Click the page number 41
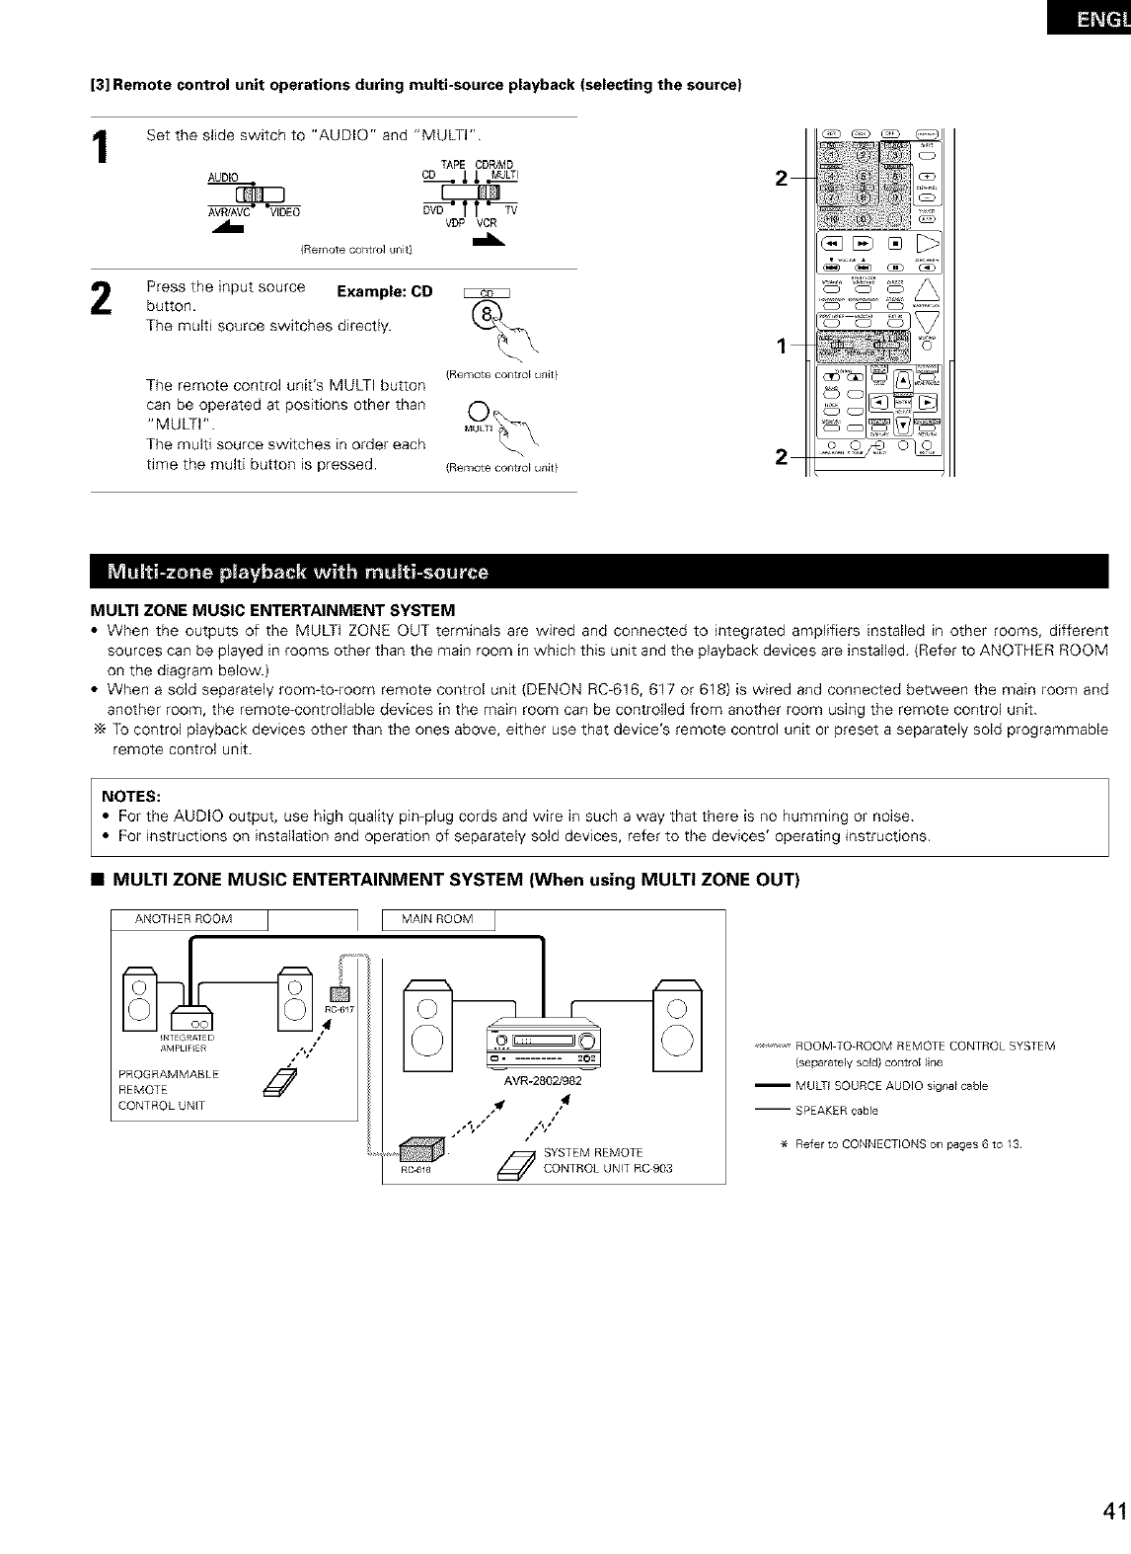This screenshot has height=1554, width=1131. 1115,1539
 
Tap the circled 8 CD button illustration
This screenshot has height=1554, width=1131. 486,315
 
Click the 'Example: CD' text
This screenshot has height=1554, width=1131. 384,291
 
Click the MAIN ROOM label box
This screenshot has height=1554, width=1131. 437,919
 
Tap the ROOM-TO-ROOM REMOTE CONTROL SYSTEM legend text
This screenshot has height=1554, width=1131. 924,1046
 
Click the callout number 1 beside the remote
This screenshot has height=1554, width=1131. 781,347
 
